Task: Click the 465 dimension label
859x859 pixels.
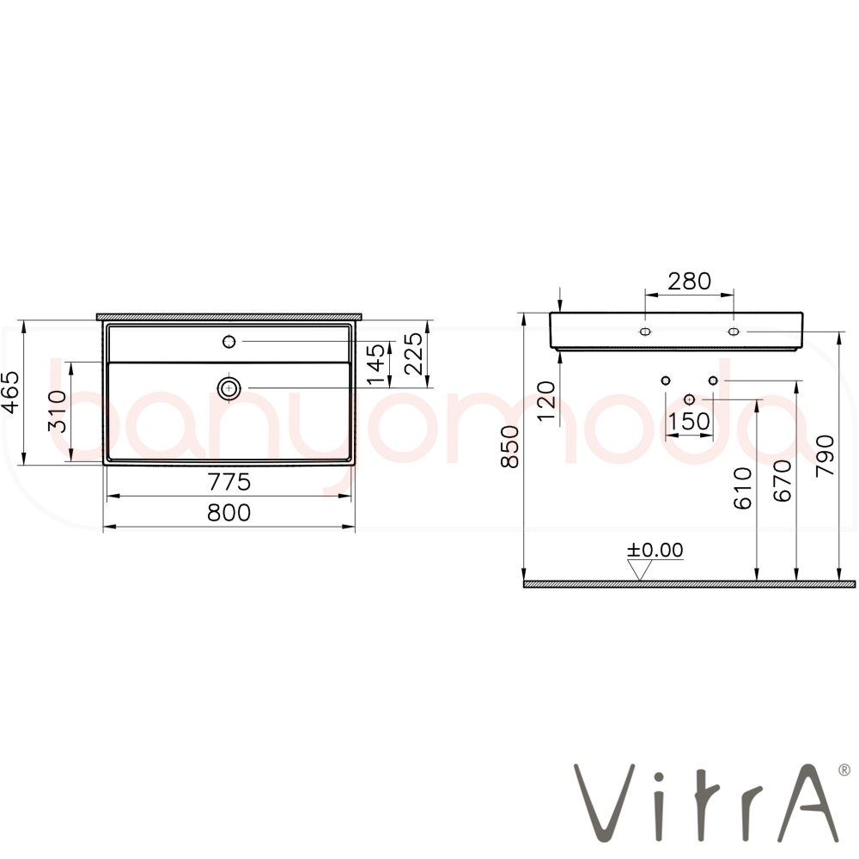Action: click(x=11, y=392)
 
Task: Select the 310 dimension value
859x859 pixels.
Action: click(x=58, y=411)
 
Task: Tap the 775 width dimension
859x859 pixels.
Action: click(x=229, y=482)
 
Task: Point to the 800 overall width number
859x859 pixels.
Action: click(x=229, y=513)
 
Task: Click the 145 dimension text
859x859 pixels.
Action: click(x=376, y=364)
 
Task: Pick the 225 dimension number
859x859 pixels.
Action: click(x=414, y=354)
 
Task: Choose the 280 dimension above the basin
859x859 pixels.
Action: click(x=689, y=281)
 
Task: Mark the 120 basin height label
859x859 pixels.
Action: click(x=546, y=401)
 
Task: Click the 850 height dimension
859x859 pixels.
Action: click(x=510, y=447)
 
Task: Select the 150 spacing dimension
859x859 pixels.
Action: click(x=689, y=421)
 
